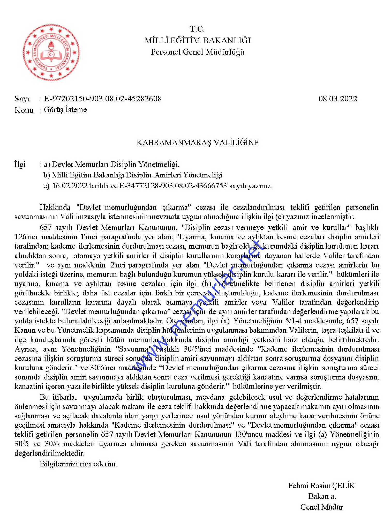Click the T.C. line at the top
point(197,29)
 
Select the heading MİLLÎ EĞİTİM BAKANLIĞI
point(198,40)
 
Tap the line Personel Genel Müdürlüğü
point(198,52)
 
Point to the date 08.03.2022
point(337,99)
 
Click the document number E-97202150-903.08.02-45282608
point(103,99)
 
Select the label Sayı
point(22,99)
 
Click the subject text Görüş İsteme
point(65,110)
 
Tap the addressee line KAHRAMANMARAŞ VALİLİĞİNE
point(198,143)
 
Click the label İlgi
point(20,164)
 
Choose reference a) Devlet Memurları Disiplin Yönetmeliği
point(111,164)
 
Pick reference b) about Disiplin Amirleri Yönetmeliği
point(133,175)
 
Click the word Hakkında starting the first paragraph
point(55,207)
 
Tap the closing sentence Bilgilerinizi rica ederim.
point(78,464)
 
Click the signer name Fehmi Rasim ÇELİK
point(321,486)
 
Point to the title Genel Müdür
point(321,507)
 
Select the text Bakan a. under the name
point(322,496)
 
